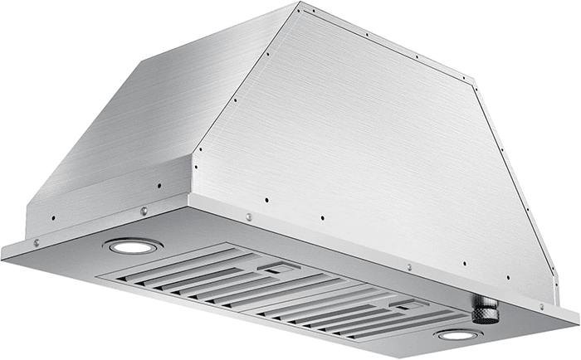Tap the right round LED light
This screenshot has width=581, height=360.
tap(457, 335)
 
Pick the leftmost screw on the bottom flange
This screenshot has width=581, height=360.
tap(36, 242)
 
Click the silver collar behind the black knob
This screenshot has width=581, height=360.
tap(476, 304)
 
